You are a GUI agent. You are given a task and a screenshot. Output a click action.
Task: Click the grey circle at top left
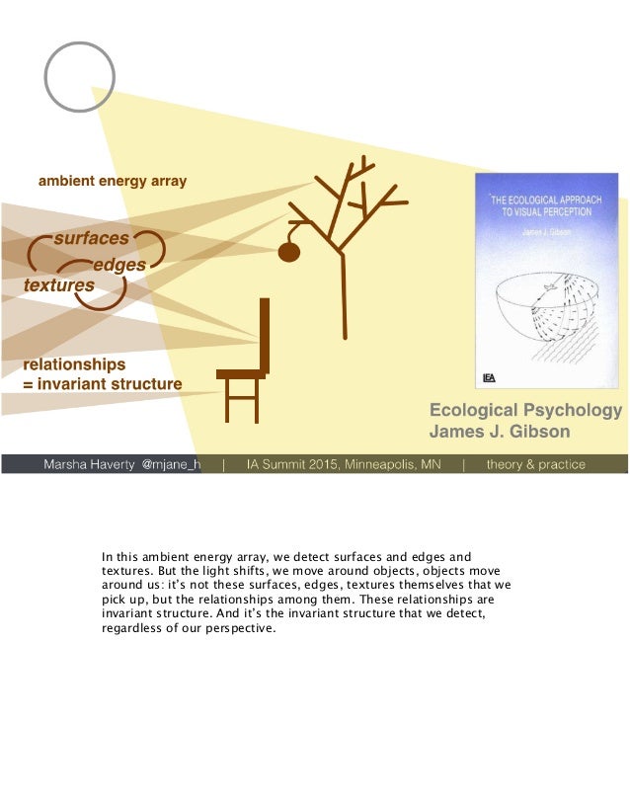80,76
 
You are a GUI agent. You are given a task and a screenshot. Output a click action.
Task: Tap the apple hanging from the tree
288,252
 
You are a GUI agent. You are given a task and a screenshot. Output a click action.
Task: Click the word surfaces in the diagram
91,239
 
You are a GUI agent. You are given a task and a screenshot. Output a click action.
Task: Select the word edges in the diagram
118,265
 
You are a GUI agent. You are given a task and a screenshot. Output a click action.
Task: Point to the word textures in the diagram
59,285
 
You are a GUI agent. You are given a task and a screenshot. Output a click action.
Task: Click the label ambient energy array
112,181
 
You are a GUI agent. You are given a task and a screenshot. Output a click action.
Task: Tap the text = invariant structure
103,384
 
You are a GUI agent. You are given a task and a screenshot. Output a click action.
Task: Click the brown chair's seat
240,373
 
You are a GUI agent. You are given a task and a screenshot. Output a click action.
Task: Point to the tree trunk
344,296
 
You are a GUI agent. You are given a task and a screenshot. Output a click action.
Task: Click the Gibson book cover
546,281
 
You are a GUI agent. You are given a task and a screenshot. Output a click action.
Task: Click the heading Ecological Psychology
525,411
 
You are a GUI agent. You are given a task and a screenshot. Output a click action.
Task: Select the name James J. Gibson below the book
499,432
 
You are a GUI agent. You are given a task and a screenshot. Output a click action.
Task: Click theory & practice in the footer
536,464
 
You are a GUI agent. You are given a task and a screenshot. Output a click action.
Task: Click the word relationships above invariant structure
75,364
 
